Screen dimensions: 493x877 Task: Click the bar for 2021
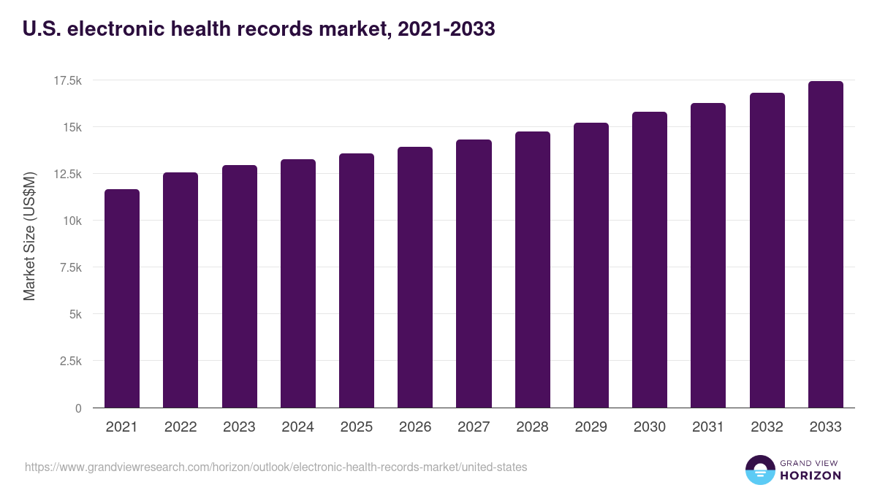(122, 299)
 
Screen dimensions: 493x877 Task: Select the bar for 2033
(825, 245)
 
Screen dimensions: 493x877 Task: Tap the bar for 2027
(474, 274)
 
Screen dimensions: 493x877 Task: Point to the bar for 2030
(650, 260)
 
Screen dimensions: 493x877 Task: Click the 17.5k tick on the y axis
(67, 80)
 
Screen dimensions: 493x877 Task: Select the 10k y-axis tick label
(72, 221)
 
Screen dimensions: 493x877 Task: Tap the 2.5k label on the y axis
(69, 362)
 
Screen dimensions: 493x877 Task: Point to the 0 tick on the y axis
(77, 408)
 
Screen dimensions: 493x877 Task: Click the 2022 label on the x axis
(181, 427)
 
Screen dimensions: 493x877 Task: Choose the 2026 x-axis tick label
(415, 427)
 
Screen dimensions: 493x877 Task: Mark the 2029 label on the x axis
(591, 427)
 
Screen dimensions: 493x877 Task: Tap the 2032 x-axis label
(767, 427)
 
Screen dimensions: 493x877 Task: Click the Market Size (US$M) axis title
(29, 236)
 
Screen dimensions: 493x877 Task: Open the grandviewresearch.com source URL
(276, 467)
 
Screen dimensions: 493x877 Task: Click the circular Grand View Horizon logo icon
(759, 470)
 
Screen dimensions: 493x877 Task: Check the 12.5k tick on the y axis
(67, 174)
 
